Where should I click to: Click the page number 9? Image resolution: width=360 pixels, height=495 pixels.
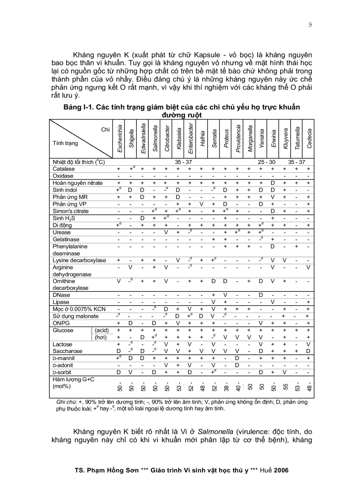pyautogui.click(x=310, y=25)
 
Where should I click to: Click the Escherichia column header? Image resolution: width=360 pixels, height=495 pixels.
pyautogui.click(x=120, y=138)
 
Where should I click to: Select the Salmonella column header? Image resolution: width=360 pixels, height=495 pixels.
pyautogui.click(x=155, y=138)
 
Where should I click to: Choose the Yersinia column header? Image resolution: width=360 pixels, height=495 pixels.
pyautogui.click(x=262, y=138)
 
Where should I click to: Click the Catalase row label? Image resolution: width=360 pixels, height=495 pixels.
pyautogui.click(x=64, y=169)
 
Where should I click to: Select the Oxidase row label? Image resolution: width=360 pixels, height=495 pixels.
pyautogui.click(x=63, y=176)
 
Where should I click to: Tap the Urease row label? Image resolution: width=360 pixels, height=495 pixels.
pyautogui.click(x=62, y=232)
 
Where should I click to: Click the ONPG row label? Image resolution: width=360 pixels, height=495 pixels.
pyautogui.click(x=60, y=323)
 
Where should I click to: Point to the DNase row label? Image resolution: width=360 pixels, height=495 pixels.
pyautogui.click(x=61, y=295)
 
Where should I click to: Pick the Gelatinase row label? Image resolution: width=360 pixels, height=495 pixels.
pyautogui.click(x=65, y=239)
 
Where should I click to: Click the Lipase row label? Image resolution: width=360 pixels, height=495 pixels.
pyautogui.click(x=61, y=302)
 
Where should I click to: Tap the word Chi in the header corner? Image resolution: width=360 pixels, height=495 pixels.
pyautogui.click(x=105, y=129)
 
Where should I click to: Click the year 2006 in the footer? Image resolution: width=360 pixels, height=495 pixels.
pyautogui.click(x=281, y=470)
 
